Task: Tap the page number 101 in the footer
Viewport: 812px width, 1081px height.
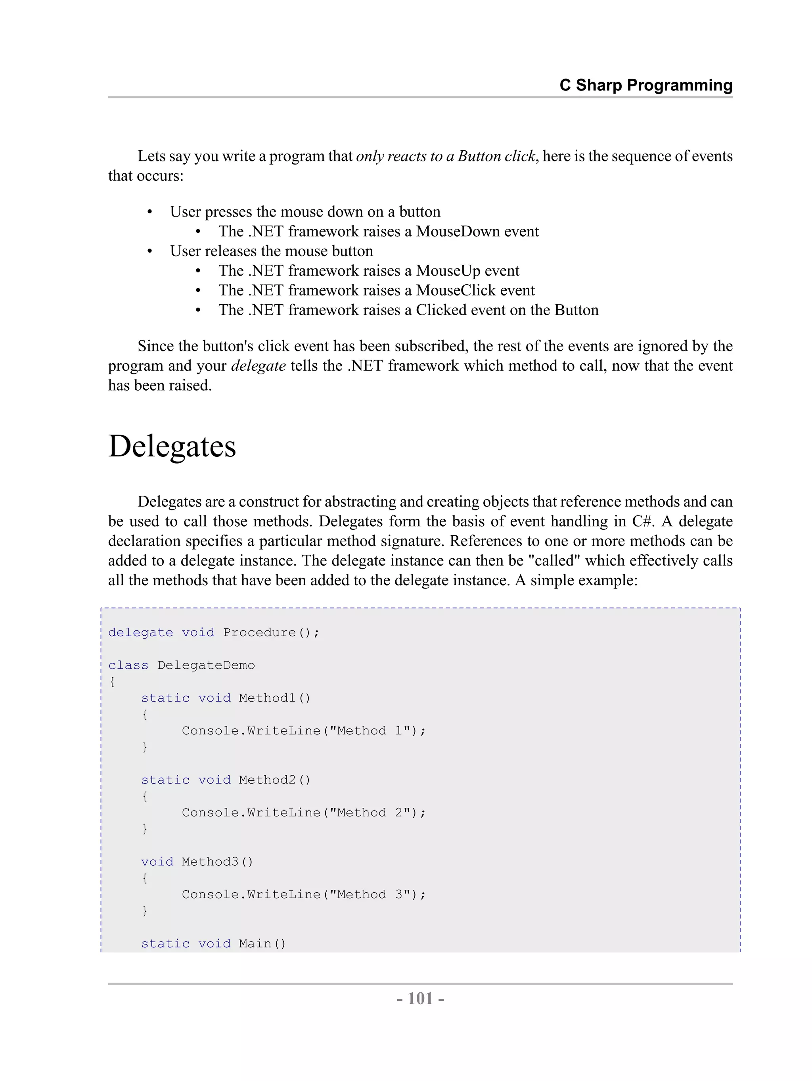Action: (x=420, y=998)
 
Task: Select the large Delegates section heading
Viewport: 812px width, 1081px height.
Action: (x=172, y=446)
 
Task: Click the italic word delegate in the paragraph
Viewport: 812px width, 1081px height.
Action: (x=258, y=366)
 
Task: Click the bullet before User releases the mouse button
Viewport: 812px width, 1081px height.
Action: (x=149, y=251)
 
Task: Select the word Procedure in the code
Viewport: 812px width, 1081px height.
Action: (x=259, y=632)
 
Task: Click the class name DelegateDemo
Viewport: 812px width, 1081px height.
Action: (x=206, y=665)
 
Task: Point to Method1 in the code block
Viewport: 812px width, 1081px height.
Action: (x=267, y=698)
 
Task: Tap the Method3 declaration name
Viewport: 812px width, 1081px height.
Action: (x=210, y=862)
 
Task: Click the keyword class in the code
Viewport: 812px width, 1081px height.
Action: (x=128, y=665)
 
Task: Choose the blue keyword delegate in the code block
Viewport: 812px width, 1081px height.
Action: (x=141, y=632)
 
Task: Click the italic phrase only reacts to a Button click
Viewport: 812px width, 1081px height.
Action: (x=446, y=156)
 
